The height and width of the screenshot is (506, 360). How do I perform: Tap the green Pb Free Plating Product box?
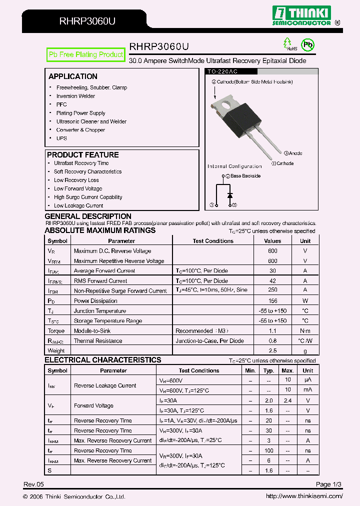pyautogui.click(x=85, y=54)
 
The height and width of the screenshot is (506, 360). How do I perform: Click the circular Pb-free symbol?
pyautogui.click(x=308, y=45)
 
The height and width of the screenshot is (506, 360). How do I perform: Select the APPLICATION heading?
pyautogui.click(x=73, y=76)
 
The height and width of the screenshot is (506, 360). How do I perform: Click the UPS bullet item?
pyautogui.click(x=61, y=138)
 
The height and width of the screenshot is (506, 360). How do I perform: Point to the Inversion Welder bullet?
pyautogui.click(x=75, y=96)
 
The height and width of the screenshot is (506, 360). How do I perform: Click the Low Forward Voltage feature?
pyautogui.click(x=78, y=188)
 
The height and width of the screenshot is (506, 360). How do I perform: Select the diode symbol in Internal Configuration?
pyautogui.click(x=230, y=194)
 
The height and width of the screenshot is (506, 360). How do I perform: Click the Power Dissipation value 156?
pyautogui.click(x=272, y=300)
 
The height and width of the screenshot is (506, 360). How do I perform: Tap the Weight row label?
pyautogui.click(x=56, y=350)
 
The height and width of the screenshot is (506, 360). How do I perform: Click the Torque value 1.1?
pyautogui.click(x=272, y=330)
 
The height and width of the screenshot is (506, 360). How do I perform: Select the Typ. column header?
pyautogui.click(x=269, y=370)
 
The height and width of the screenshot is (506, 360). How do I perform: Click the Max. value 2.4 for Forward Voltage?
pyautogui.click(x=287, y=400)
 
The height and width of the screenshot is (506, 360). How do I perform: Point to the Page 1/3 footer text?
pyautogui.click(x=329, y=484)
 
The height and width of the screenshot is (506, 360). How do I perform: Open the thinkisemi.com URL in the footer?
pyautogui.click(x=304, y=496)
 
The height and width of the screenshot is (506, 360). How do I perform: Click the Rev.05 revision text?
pyautogui.click(x=34, y=484)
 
